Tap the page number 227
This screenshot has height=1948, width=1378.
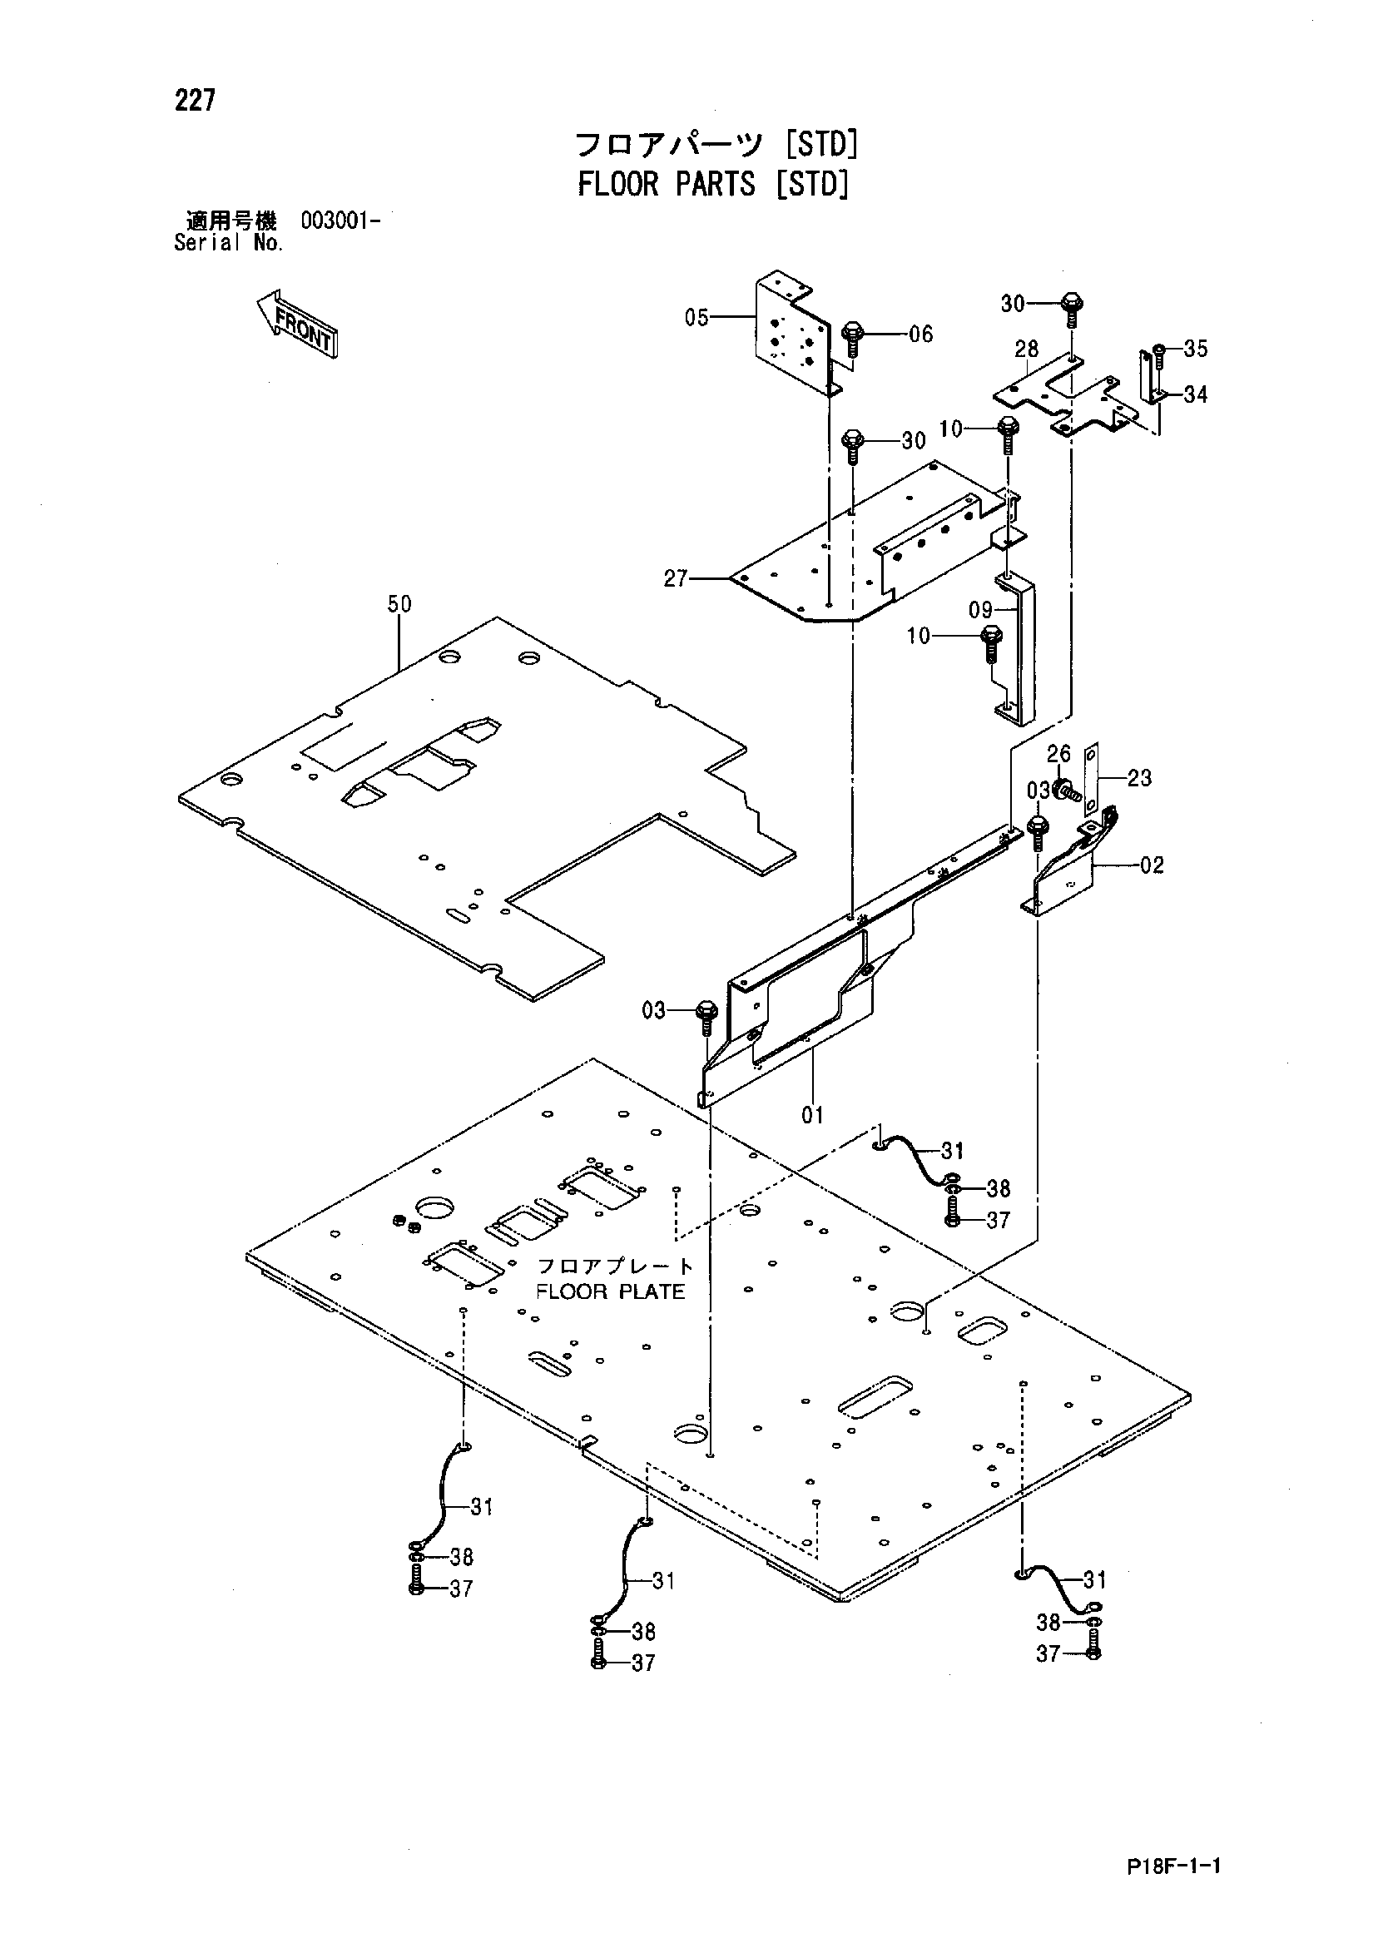[196, 101]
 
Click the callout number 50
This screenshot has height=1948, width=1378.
[399, 604]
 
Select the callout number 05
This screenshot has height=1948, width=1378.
[696, 318]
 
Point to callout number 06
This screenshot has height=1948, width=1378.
[920, 335]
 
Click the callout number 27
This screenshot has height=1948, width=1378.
[676, 579]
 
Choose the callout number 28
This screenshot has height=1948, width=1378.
[1027, 349]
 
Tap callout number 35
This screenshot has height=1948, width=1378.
[1196, 349]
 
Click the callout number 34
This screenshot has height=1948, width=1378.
[1196, 394]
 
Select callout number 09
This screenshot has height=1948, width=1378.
[981, 610]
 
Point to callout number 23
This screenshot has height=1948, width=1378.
[1139, 778]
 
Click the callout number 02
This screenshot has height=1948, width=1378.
[1152, 865]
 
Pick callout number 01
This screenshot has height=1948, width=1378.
[813, 1115]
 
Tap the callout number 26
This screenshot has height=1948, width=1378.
[1059, 753]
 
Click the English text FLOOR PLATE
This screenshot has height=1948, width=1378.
[610, 1291]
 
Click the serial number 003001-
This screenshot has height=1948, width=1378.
[340, 221]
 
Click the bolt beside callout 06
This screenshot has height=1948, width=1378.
[853, 340]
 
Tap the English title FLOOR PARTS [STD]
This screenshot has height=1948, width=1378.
[714, 184]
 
